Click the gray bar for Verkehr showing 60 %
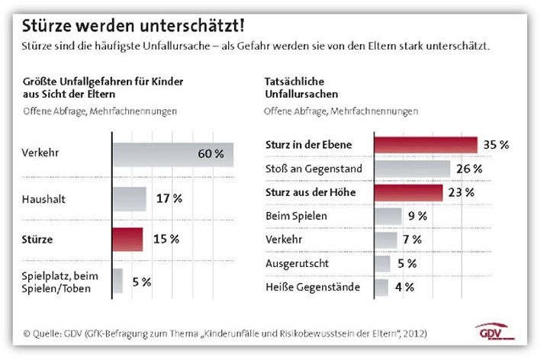[x=173, y=154]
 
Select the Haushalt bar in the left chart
[x=130, y=199]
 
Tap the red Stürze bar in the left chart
[x=127, y=239]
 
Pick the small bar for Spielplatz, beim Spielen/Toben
[x=117, y=281]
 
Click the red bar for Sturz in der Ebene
[x=426, y=145]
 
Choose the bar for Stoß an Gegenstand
[x=413, y=169]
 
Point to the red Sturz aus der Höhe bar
[x=409, y=192]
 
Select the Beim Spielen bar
[x=388, y=216]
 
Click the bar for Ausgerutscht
[x=382, y=264]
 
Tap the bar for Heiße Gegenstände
[x=381, y=288]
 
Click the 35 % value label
[x=496, y=145]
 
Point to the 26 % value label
[x=469, y=169]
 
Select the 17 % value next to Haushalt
[x=169, y=198]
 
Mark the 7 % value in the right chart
[x=412, y=239]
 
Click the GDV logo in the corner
[x=494, y=332]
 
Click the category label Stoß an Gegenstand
[x=314, y=169]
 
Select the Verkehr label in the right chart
[x=284, y=239]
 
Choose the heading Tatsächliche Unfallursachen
[x=301, y=88]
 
